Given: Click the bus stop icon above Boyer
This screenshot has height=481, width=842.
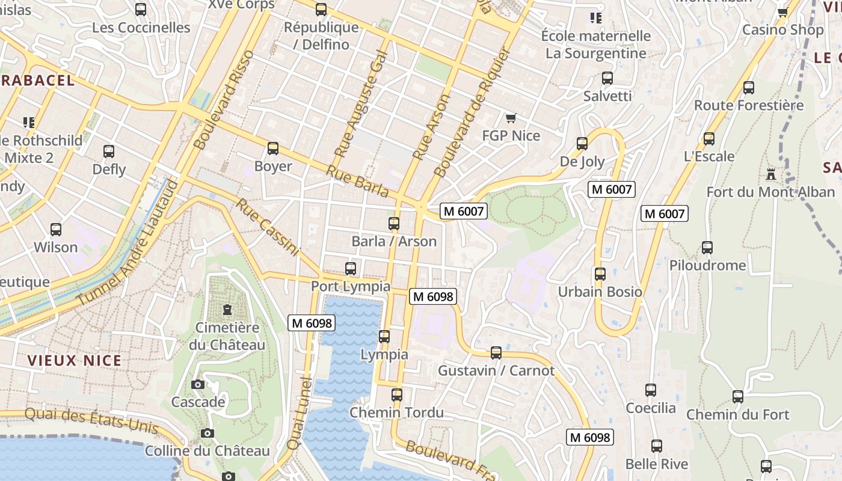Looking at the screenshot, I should [273, 149].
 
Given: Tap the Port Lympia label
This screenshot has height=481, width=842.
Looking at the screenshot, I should [350, 287].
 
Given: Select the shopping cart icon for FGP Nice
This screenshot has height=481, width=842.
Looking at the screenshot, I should [511, 118].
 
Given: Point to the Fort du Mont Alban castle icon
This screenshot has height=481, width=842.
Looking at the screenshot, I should [770, 175].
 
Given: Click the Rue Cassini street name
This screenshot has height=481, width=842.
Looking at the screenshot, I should [267, 228].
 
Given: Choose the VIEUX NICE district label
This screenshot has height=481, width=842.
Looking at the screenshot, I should [75, 361].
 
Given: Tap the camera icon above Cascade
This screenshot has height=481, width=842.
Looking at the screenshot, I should [198, 384].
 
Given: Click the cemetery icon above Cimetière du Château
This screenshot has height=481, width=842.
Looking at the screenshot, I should [227, 310].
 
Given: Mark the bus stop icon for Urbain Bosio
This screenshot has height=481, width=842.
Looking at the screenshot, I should [600, 274].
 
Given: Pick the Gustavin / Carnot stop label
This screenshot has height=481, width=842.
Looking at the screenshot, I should [496, 370].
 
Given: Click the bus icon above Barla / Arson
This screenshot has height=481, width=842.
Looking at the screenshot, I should [394, 224].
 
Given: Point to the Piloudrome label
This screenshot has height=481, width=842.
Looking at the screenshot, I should [707, 265].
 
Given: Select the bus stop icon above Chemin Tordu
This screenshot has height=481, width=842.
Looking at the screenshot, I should [396, 395].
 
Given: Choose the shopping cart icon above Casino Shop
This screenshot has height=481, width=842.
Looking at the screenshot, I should [782, 12].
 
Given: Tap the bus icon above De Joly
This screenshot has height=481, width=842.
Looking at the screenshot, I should [582, 144].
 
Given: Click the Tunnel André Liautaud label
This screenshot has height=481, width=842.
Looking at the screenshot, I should [128, 242].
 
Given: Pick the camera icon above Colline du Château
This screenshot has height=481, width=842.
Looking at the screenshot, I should [207, 433].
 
